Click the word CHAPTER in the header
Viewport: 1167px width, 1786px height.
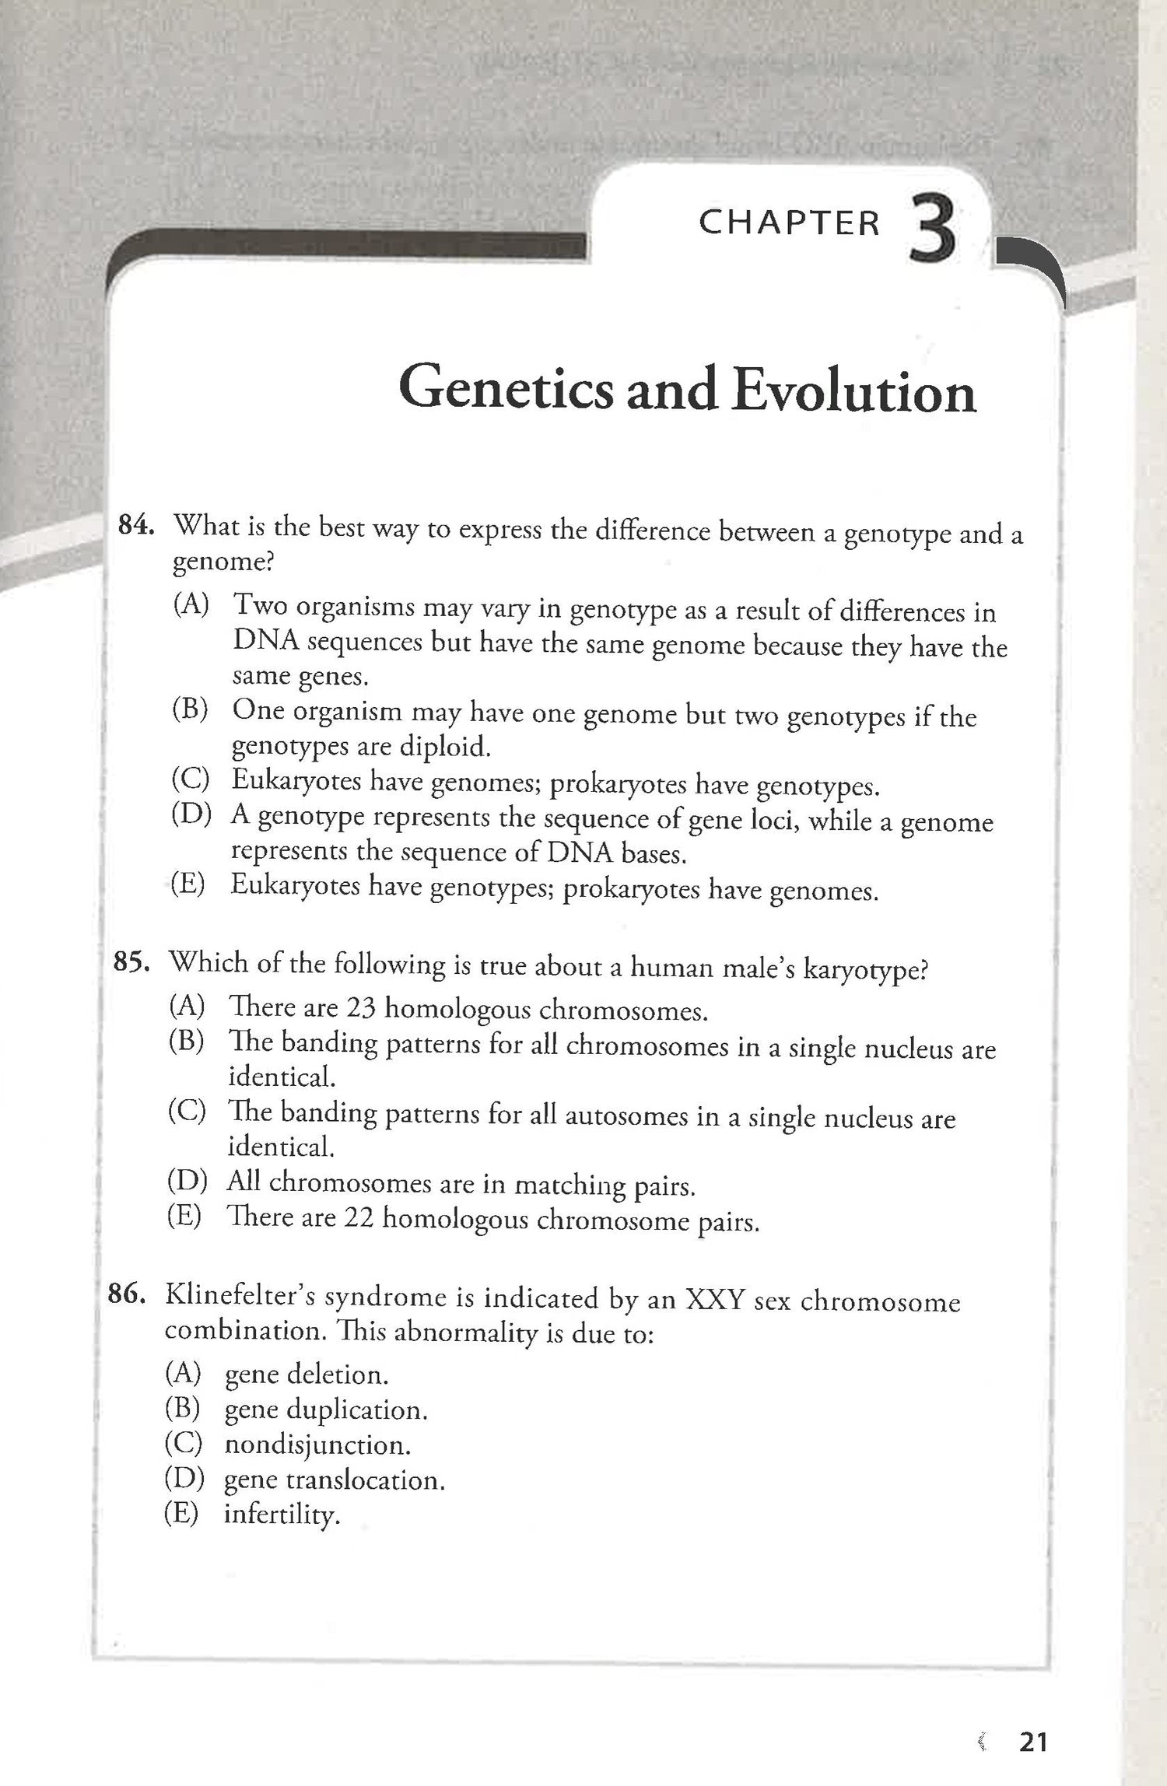pyautogui.click(x=789, y=223)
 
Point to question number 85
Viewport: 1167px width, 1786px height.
pyautogui.click(x=131, y=962)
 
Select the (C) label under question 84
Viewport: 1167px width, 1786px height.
pyautogui.click(x=191, y=779)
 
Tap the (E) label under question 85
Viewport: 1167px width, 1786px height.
pyautogui.click(x=185, y=1215)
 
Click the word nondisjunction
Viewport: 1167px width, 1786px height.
pyautogui.click(x=317, y=1445)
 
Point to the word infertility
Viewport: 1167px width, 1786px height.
pyautogui.click(x=282, y=1515)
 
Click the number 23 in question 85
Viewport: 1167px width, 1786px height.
pyautogui.click(x=360, y=1008)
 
